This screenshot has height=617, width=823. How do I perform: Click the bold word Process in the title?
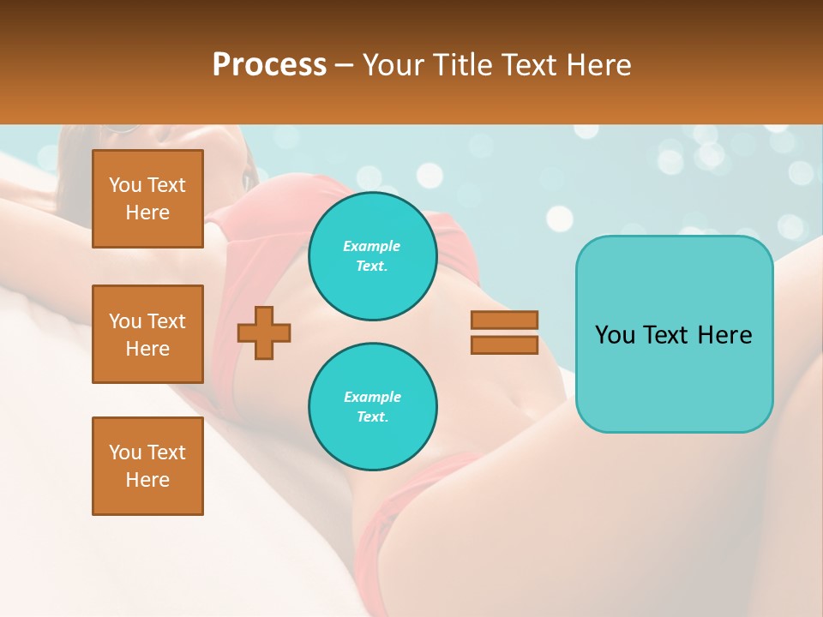click(x=269, y=65)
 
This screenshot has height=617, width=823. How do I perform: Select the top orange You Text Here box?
click(x=147, y=199)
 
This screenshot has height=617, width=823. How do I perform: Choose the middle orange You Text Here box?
click(x=147, y=334)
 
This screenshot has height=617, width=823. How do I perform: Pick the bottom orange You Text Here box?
click(x=147, y=465)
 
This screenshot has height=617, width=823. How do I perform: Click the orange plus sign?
click(x=264, y=332)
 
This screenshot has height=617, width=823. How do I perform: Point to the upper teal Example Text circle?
click(x=372, y=256)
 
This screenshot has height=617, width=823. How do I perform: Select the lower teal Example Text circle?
click(x=372, y=406)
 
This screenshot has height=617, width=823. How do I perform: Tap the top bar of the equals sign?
click(x=504, y=320)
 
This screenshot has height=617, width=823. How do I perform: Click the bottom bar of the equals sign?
click(x=504, y=344)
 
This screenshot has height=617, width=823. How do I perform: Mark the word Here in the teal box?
click(x=724, y=335)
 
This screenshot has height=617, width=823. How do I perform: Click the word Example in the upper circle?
click(x=372, y=246)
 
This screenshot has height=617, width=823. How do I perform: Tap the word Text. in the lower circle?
click(x=372, y=417)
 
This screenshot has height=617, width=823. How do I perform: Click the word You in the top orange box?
click(x=125, y=185)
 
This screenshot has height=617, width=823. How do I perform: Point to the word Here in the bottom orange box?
click(x=147, y=480)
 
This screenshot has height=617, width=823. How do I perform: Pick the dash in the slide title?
click(x=344, y=65)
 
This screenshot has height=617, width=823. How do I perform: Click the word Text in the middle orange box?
click(x=166, y=321)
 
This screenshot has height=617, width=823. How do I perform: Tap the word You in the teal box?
click(x=615, y=335)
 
